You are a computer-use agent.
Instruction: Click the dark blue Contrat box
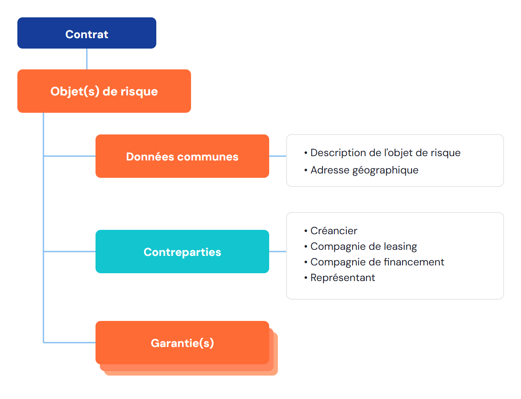(x=86, y=33)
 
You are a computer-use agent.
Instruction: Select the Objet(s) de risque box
(x=104, y=91)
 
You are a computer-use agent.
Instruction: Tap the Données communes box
(x=182, y=156)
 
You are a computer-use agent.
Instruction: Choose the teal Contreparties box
(x=182, y=251)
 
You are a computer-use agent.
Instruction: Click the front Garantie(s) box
(x=182, y=343)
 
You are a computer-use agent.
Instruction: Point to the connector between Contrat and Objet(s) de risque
(x=86, y=59)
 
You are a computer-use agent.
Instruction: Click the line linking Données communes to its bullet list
(x=277, y=156)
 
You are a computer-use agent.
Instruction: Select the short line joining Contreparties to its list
(x=277, y=251)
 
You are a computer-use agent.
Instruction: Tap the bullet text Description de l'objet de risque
(x=385, y=153)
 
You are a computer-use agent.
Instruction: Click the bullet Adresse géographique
(x=364, y=170)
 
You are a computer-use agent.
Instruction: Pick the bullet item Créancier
(x=334, y=231)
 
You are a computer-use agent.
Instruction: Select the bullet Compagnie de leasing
(x=364, y=246)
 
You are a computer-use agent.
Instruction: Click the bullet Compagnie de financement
(x=377, y=262)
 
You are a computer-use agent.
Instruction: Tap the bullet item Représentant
(x=343, y=278)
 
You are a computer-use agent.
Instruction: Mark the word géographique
(x=385, y=170)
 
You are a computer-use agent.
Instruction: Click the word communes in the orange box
(x=208, y=157)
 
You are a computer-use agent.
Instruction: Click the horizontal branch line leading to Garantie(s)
(x=69, y=343)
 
